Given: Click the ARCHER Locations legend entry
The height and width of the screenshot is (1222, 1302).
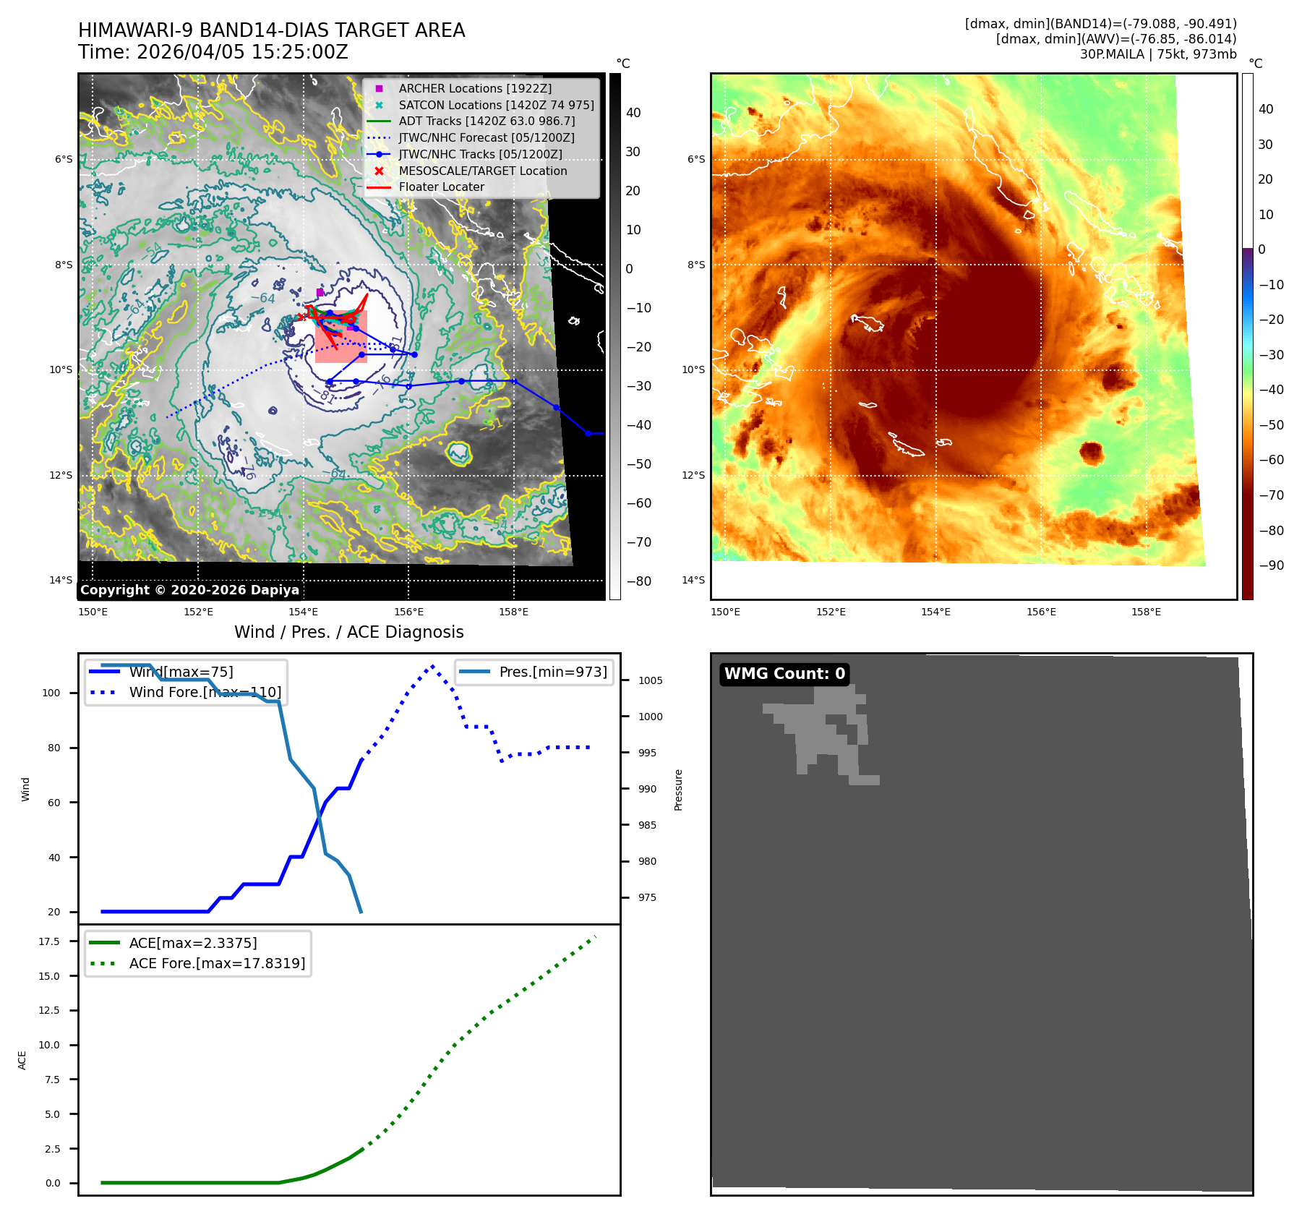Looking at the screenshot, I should pyautogui.click(x=474, y=88).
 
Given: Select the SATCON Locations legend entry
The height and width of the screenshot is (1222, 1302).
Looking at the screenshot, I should pyautogui.click(x=496, y=105).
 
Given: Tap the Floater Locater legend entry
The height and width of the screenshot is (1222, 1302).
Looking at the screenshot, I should pyautogui.click(x=441, y=187).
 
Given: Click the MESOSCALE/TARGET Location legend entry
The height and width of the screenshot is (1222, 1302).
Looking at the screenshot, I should pyautogui.click(x=482, y=171).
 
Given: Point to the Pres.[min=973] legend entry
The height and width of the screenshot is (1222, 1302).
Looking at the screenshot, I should pyautogui.click(x=552, y=672).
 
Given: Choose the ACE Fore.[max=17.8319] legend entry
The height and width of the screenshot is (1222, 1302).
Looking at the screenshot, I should pyautogui.click(x=217, y=963).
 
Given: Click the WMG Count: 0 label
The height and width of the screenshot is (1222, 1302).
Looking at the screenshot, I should pyautogui.click(x=784, y=674).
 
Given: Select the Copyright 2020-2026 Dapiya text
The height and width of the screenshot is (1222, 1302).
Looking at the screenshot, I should pyautogui.click(x=189, y=590).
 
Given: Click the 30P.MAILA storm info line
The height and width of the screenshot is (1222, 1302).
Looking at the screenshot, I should pyautogui.click(x=1157, y=54).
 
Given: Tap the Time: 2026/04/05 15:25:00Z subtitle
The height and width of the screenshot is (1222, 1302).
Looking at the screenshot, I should pyautogui.click(x=213, y=52).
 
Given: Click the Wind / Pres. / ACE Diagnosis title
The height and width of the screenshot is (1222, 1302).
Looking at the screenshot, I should pyautogui.click(x=348, y=632).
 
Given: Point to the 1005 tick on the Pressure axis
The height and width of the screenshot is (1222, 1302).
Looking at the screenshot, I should pyautogui.click(x=650, y=680).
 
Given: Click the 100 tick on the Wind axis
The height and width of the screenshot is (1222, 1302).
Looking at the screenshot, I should pyautogui.click(x=51, y=693).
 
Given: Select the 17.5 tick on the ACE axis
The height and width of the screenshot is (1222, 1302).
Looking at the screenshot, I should pyautogui.click(x=49, y=941).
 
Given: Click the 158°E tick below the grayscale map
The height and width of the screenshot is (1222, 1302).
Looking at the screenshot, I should pyautogui.click(x=513, y=612).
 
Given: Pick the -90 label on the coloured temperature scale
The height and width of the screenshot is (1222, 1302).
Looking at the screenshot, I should pyautogui.click(x=1271, y=565).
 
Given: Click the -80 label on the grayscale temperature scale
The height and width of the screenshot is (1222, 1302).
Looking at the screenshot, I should pyautogui.click(x=638, y=581).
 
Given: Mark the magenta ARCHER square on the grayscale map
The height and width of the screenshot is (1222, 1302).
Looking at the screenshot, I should pyautogui.click(x=320, y=292).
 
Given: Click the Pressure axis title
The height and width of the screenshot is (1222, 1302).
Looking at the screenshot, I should pyautogui.click(x=678, y=790).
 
